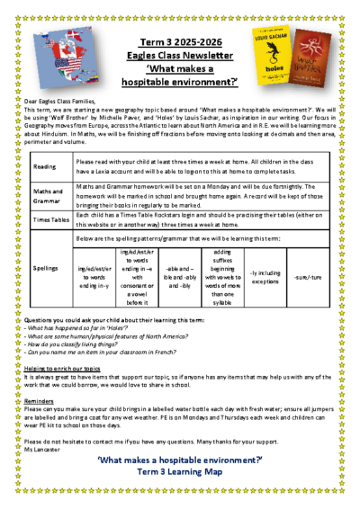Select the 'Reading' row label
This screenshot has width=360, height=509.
(44, 166)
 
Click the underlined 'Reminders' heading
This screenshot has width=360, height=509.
(40, 401)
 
